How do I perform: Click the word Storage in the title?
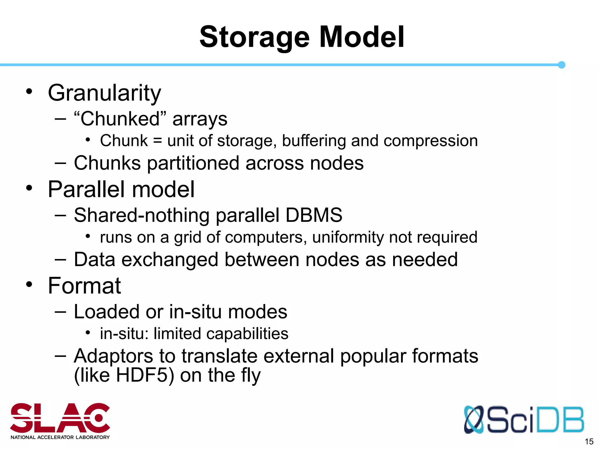[x=254, y=37]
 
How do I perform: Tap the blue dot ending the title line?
[x=561, y=65]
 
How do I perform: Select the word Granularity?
[x=104, y=93]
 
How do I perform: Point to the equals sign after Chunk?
[x=157, y=141]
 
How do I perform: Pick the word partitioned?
[x=193, y=163]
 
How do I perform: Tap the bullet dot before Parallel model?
[x=29, y=188]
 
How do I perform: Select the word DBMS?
[x=314, y=215]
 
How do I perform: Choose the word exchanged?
[x=170, y=260]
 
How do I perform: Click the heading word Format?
[x=84, y=286]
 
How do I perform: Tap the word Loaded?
[x=107, y=312]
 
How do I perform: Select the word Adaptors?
[x=113, y=356]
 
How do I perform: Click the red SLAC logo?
[x=60, y=420]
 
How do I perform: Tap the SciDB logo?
[x=524, y=419]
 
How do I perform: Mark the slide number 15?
[x=589, y=441]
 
